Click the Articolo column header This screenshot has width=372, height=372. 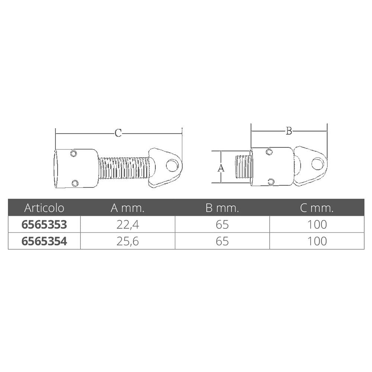tap(44, 208)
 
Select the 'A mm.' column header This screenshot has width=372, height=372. tap(127, 208)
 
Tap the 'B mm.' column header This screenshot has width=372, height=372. tap(222, 208)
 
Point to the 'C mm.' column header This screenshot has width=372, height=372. tap(317, 208)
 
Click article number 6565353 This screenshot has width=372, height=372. tap(44, 224)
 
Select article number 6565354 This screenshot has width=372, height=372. tap(44, 241)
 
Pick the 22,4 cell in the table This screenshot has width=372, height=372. tap(127, 225)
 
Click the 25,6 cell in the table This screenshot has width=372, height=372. tap(127, 241)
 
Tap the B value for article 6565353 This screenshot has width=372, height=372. tap(222, 225)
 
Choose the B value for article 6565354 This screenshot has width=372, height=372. tap(222, 241)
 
